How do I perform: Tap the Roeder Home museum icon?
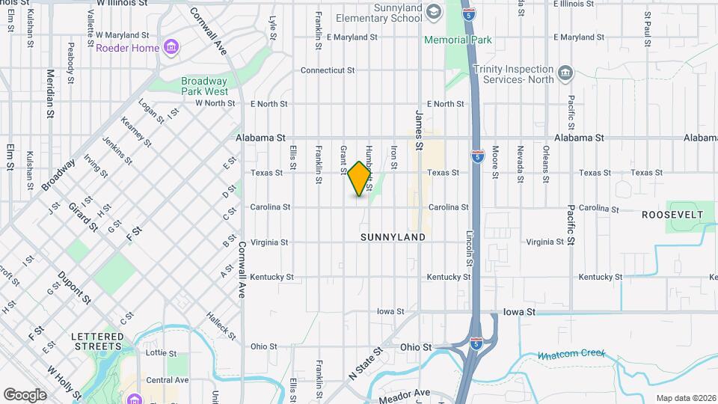[x=173, y=48]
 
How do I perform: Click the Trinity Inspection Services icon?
[x=566, y=73]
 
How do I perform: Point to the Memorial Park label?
[x=457, y=40]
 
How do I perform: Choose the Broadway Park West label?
[x=204, y=86]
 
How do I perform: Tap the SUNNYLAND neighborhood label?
[x=393, y=237]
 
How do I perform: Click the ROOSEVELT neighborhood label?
[x=672, y=215]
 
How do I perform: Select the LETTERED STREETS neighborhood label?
[x=97, y=342]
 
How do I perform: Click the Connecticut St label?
[x=327, y=70]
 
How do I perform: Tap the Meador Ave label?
[x=405, y=394]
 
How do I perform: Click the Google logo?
[x=25, y=395]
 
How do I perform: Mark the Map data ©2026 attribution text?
[x=685, y=398]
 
